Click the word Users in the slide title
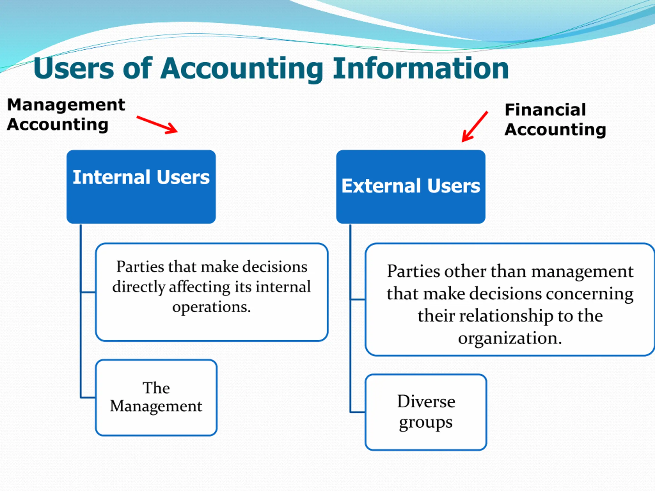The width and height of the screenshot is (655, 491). coord(73,68)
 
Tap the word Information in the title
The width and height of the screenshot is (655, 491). coord(420,68)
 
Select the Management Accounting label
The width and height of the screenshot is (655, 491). coord(66,115)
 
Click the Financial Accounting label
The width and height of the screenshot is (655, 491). coord(555,120)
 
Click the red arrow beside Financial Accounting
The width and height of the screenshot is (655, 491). coord(474,127)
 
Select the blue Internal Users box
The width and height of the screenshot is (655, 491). coord(141,186)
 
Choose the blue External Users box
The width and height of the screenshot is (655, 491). coord(411,186)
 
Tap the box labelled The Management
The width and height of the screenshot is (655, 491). coord(156,397)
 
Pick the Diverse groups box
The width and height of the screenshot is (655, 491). coord(426,412)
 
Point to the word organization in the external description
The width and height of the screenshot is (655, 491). coord(510,338)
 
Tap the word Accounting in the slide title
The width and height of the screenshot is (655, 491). coord(241,68)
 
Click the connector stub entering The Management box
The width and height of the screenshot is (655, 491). coord(88,397)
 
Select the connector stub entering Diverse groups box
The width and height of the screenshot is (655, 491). coord(358,412)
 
